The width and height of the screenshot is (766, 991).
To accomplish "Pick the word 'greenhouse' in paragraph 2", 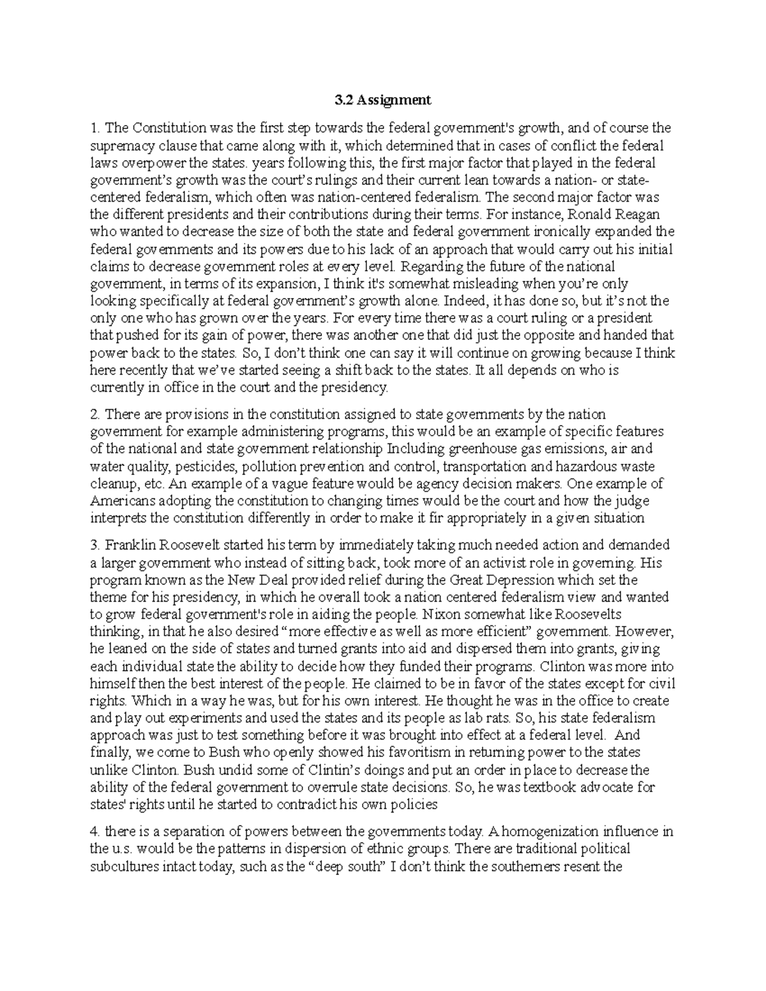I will point(448,449).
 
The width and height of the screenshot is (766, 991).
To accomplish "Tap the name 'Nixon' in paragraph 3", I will point(436,615).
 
